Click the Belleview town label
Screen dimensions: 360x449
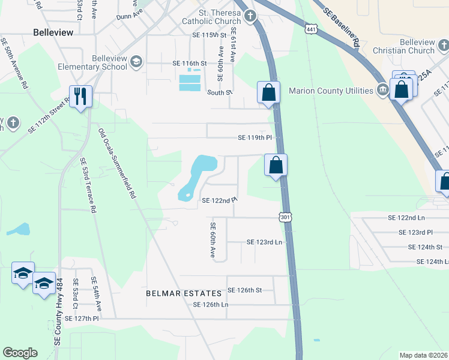tap(53, 32)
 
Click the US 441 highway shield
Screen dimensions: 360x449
tap(310, 29)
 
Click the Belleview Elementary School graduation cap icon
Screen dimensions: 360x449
tap(136, 61)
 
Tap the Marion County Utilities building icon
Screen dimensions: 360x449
tap(382, 91)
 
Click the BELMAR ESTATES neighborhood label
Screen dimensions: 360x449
tap(184, 293)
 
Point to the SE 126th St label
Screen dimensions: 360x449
tap(244, 290)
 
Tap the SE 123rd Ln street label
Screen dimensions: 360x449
tap(264, 242)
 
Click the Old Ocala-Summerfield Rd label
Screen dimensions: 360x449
tap(116, 164)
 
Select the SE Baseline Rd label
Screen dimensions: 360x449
tap(341, 28)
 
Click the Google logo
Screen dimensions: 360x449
tap(20, 353)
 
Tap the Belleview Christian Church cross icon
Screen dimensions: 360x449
tap(442, 46)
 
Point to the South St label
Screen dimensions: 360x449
tap(220, 92)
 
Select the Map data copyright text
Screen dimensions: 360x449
tap(423, 355)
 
